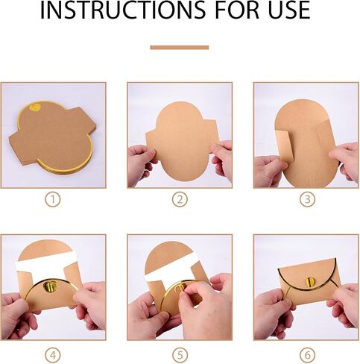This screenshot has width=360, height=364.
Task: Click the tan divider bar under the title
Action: point(180,48)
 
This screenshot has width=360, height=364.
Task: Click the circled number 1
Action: point(53,199)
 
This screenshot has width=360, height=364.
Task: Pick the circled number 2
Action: point(180,199)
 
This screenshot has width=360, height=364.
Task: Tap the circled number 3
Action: point(307,199)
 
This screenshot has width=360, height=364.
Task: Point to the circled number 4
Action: point(53,355)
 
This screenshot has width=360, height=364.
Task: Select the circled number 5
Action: point(180,355)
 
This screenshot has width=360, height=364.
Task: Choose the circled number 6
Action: point(307,355)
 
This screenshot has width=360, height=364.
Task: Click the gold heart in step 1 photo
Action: point(35,108)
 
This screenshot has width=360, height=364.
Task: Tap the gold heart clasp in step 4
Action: point(50,286)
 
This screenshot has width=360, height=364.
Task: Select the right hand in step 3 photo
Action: point(345,160)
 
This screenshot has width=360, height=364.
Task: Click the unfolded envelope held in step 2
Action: point(181,140)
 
